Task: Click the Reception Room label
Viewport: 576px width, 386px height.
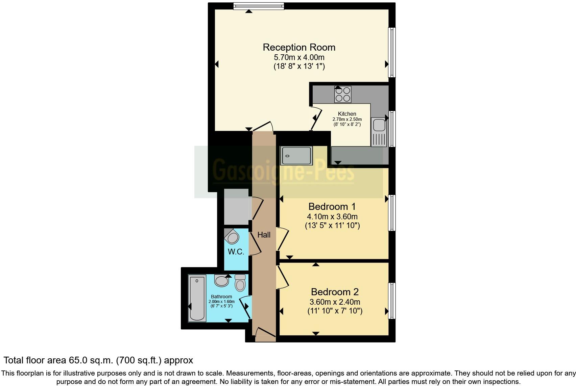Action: (x=299, y=47)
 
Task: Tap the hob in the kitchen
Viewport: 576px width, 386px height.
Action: (x=342, y=94)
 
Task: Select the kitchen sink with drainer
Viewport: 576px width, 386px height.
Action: (x=378, y=132)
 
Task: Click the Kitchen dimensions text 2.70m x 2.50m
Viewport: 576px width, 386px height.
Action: (x=347, y=119)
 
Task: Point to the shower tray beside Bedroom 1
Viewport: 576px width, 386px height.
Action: (x=296, y=156)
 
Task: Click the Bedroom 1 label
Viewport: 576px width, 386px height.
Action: (x=332, y=206)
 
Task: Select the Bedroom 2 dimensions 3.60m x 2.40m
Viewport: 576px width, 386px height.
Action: (x=335, y=302)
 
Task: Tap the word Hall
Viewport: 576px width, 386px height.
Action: (x=264, y=235)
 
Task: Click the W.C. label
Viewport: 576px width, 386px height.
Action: (x=236, y=252)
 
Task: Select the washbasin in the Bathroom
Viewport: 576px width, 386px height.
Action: (x=221, y=281)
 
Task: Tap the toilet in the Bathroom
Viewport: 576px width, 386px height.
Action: (x=240, y=283)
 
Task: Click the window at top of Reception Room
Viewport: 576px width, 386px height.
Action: (x=259, y=6)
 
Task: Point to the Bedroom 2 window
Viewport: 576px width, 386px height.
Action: (x=392, y=301)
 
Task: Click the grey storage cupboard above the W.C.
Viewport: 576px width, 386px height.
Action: (x=236, y=206)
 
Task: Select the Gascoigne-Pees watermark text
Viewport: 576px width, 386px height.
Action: (x=283, y=171)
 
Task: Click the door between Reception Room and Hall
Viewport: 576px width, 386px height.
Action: (x=263, y=127)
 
